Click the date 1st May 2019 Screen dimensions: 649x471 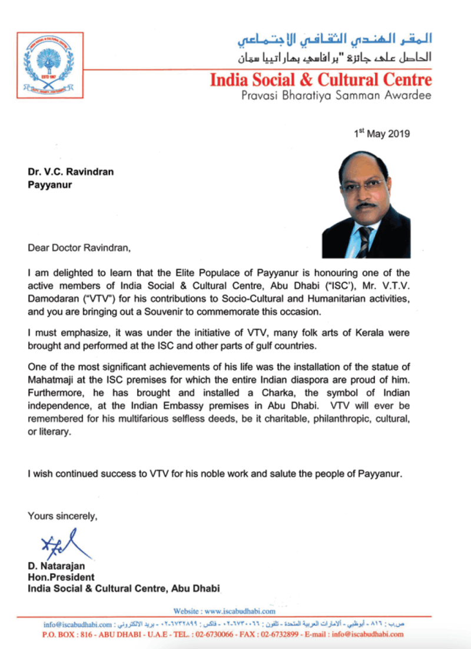(382, 134)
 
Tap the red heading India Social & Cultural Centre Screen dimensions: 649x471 (321, 80)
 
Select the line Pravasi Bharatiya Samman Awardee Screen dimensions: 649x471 (336, 95)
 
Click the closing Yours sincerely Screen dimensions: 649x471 (62, 516)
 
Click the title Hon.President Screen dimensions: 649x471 (61, 577)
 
